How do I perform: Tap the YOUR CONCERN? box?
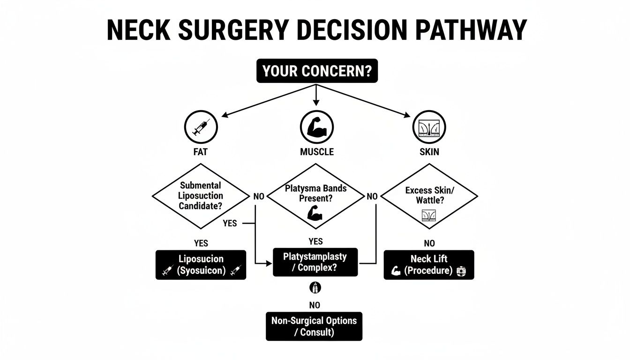[x=317, y=72]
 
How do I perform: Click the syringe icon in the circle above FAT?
[x=201, y=127]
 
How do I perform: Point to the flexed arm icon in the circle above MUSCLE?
[x=317, y=127]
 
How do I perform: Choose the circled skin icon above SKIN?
[x=429, y=127]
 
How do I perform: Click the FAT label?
[x=201, y=152]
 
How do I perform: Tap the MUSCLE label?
[x=317, y=152]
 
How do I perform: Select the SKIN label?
[x=429, y=152]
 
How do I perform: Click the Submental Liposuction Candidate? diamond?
[x=201, y=196]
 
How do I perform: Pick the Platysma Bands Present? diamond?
[x=315, y=196]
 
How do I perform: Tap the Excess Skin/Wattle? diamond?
[x=429, y=196]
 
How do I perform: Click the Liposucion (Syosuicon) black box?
[x=201, y=264]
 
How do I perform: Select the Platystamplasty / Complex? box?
[x=315, y=262]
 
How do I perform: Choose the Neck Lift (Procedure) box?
[x=429, y=264]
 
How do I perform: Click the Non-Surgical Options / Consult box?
[x=314, y=326]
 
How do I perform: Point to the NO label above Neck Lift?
[x=429, y=243]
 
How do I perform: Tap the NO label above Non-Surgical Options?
[x=315, y=305]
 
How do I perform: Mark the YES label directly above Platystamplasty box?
[x=315, y=241]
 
